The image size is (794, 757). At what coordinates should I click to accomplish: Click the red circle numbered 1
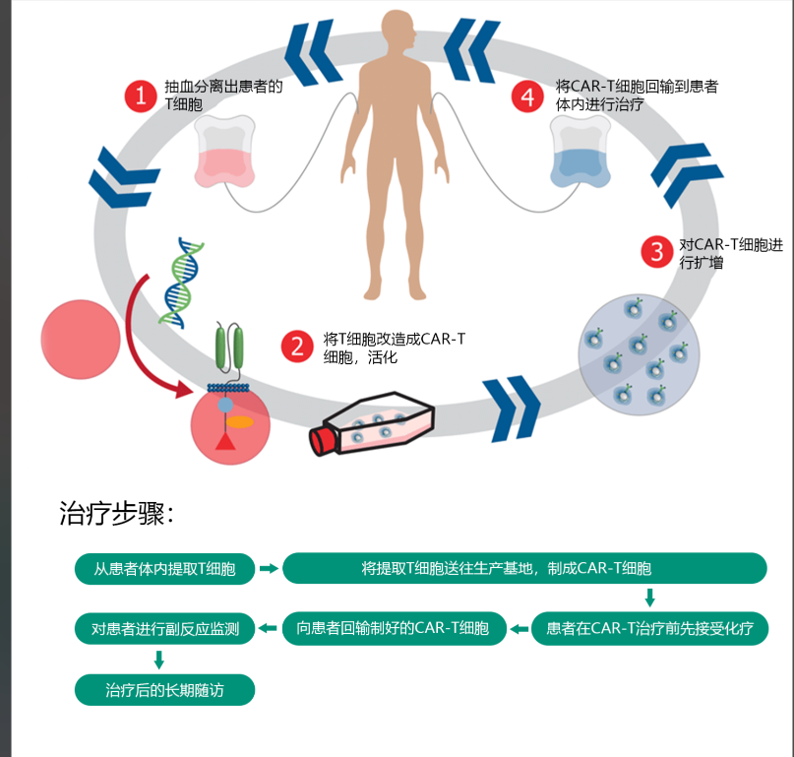[x=141, y=95]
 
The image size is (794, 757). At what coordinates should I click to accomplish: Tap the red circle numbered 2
[x=296, y=346]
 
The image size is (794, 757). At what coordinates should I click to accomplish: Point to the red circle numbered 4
[x=528, y=95]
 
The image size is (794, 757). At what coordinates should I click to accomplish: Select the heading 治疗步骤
[x=116, y=514]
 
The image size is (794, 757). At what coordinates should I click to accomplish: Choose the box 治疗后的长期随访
[x=165, y=690]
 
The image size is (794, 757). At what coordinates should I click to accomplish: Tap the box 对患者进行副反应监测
[x=165, y=628]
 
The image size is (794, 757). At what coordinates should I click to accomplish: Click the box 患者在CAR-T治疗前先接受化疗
[x=649, y=628]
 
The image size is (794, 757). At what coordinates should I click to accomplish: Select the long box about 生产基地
[x=524, y=568]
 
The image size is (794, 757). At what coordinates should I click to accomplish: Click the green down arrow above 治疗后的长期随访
[x=158, y=660]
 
